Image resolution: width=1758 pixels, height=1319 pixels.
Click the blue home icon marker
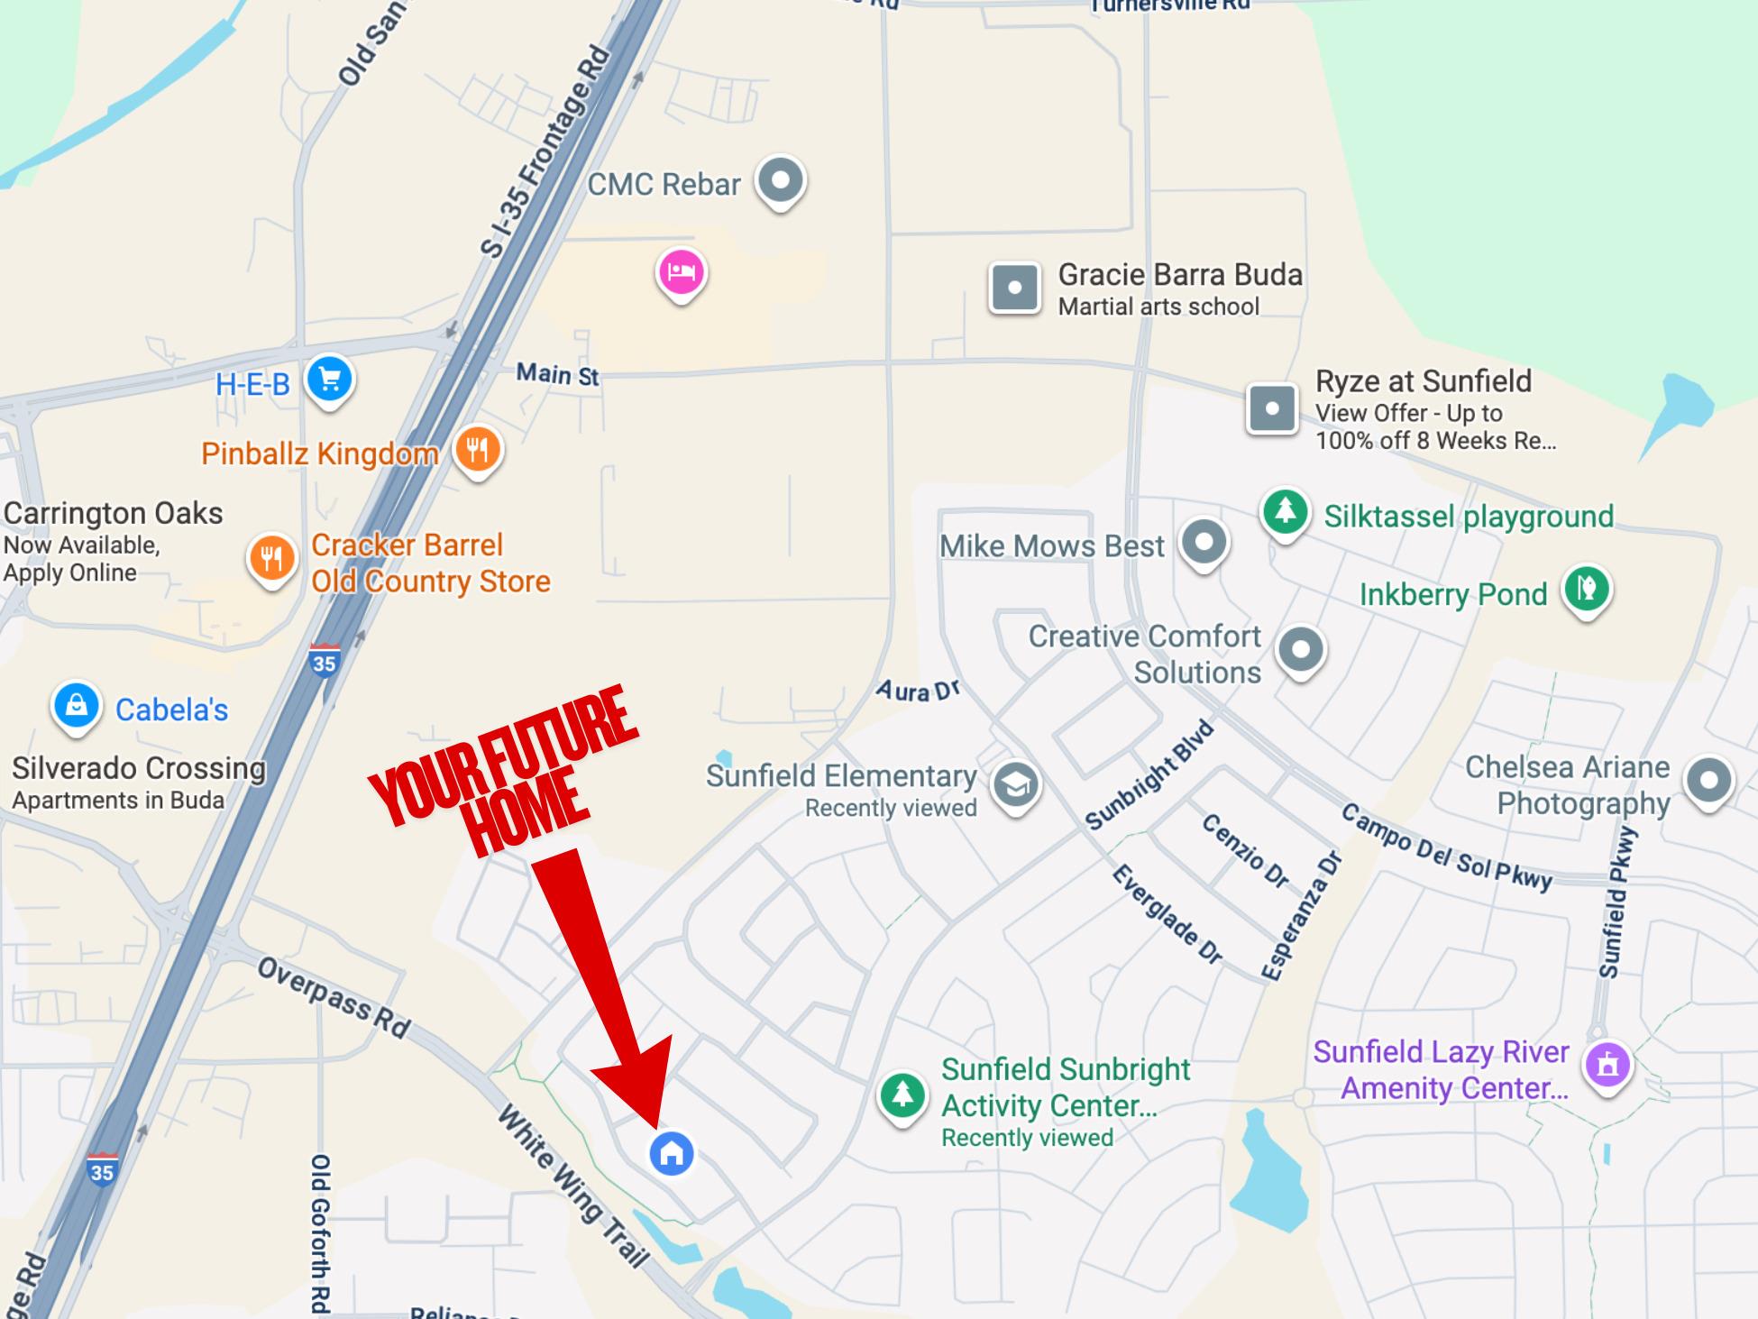click(x=672, y=1153)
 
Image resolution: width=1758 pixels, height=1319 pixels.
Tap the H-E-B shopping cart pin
click(x=329, y=379)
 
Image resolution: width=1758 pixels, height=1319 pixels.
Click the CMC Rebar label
click(x=664, y=185)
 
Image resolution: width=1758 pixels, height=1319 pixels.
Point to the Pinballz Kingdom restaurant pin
click(x=477, y=449)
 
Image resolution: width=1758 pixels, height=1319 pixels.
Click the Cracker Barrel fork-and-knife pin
click(x=271, y=558)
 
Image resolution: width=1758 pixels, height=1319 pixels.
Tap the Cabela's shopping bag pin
click(x=77, y=705)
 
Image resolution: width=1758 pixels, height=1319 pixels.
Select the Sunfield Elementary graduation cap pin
click(x=1015, y=785)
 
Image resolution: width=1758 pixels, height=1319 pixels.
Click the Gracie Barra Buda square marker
click(x=1014, y=289)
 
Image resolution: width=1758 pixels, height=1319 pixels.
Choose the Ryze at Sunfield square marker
click(x=1272, y=408)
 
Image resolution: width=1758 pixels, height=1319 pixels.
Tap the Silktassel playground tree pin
click(x=1285, y=512)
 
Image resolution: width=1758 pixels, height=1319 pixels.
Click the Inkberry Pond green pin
click(x=1586, y=590)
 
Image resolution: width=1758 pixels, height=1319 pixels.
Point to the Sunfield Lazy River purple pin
click(x=1607, y=1066)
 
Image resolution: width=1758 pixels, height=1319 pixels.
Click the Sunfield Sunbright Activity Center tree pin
click(x=902, y=1095)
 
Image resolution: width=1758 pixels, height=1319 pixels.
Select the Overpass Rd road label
click(x=334, y=997)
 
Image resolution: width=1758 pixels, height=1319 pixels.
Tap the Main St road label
click(x=557, y=373)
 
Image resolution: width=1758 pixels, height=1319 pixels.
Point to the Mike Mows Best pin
click(x=1204, y=542)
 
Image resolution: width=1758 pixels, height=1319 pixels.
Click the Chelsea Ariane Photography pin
click(x=1708, y=780)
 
